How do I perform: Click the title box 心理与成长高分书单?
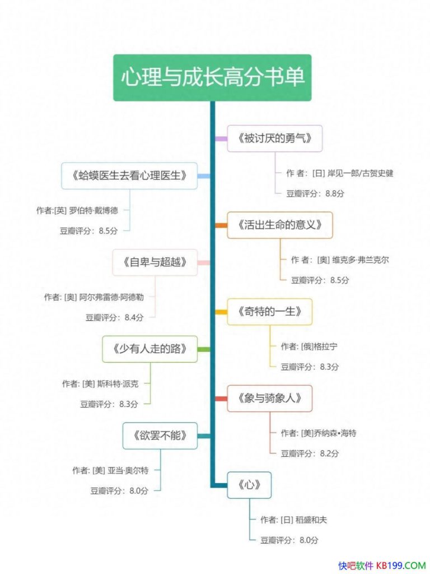click(212, 77)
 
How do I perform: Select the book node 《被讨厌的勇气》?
click(274, 138)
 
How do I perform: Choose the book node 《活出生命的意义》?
click(279, 225)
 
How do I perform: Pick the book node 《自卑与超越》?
click(155, 262)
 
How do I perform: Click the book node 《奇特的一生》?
click(269, 311)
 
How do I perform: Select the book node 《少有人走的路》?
click(149, 349)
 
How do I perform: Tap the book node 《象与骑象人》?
click(269, 398)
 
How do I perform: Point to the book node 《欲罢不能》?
click(160, 435)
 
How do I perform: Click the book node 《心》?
click(249, 485)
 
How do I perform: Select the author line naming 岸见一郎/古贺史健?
click(340, 173)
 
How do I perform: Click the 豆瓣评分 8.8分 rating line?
click(315, 193)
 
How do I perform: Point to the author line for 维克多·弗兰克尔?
click(340, 260)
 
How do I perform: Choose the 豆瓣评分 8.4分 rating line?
click(115, 317)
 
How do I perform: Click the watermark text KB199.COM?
click(401, 565)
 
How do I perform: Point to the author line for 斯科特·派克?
click(100, 384)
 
